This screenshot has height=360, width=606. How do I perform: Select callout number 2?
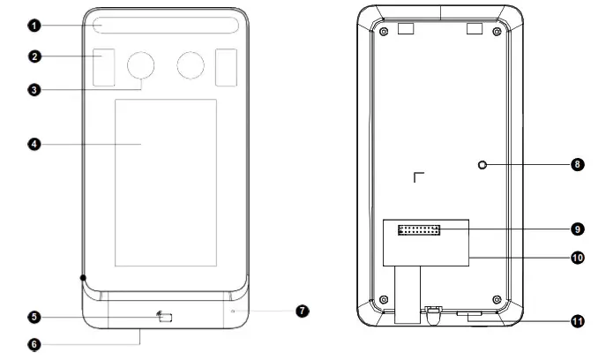point(34,56)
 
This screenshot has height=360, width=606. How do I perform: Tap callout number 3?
point(34,89)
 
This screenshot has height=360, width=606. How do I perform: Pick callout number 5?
point(34,317)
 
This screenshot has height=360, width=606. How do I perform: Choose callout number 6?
point(34,345)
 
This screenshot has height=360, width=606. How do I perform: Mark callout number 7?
point(302,311)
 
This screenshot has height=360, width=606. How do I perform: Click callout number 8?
point(577,164)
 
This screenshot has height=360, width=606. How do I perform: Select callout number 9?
point(577,229)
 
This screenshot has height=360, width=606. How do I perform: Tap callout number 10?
point(577,259)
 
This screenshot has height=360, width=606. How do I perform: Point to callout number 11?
point(577,321)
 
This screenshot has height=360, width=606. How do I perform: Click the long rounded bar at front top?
point(166,26)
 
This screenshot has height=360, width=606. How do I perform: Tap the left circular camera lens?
point(141,64)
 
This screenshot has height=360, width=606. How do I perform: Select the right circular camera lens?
point(190,64)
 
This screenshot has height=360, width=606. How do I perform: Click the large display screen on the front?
point(166,183)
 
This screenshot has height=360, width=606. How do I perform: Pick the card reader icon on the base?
point(164,317)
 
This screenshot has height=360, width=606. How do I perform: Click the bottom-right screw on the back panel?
point(498,297)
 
